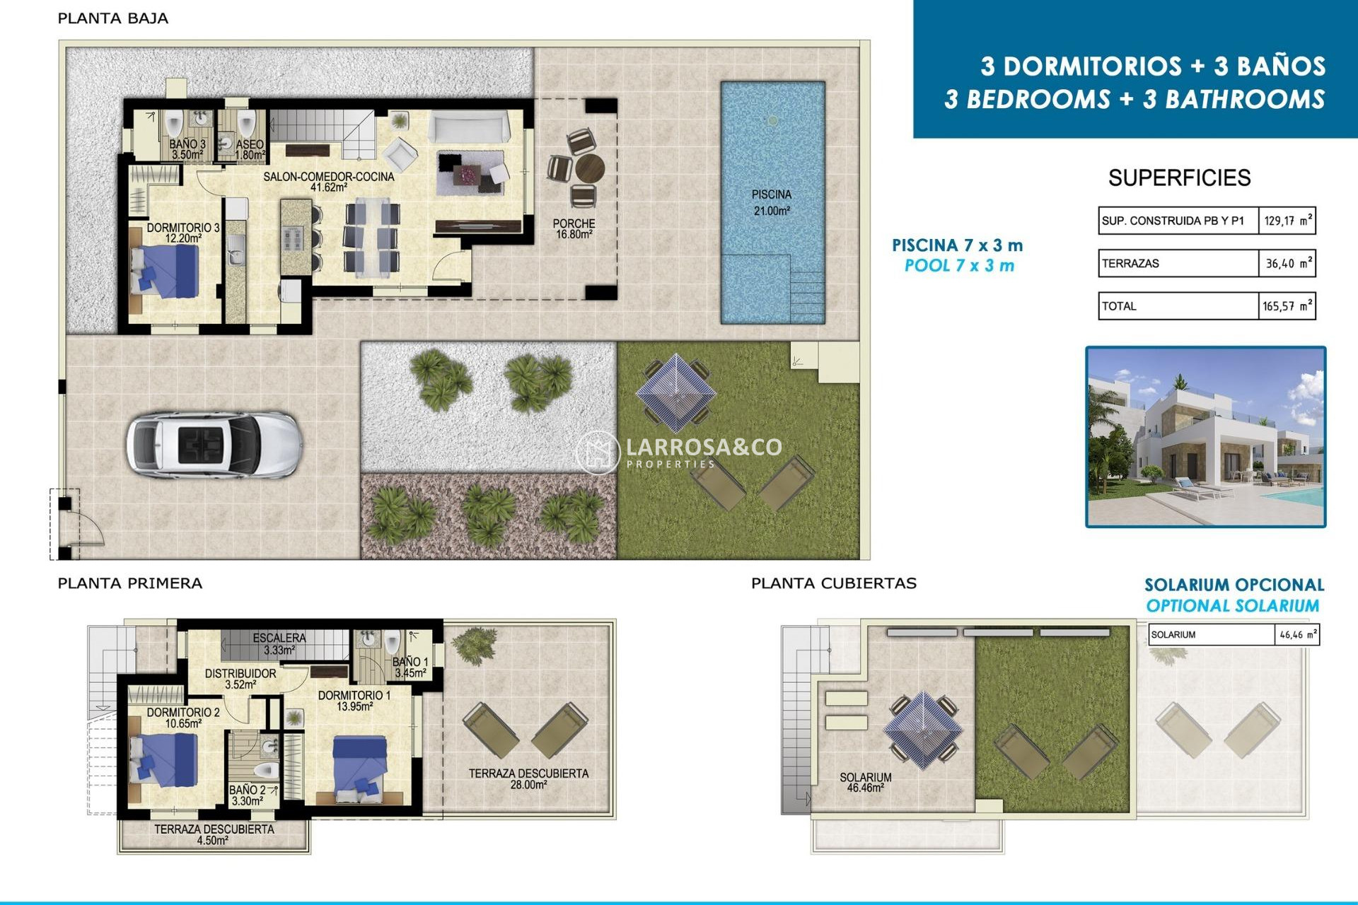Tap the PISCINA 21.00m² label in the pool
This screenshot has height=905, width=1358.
coord(771,202)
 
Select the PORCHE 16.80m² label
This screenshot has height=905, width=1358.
coord(574,228)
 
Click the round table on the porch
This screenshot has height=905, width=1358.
coord(589,170)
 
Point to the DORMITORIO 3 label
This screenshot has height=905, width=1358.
coord(182,233)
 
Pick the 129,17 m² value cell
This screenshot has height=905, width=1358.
coord(1287,221)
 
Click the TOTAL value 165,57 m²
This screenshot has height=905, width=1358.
coord(1287,306)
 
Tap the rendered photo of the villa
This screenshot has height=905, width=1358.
coord(1205,437)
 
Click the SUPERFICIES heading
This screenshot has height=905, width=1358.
coord(1179,178)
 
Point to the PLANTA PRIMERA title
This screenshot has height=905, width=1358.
coord(129,583)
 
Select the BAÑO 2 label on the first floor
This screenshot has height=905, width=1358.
coord(247,795)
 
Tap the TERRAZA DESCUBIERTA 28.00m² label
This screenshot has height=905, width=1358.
coord(528,778)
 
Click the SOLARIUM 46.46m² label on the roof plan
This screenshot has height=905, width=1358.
coord(865,782)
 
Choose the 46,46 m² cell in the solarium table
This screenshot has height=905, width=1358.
coord(1296,635)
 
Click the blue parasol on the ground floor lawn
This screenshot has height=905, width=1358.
coord(675,393)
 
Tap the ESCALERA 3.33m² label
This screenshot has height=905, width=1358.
coord(279,643)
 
